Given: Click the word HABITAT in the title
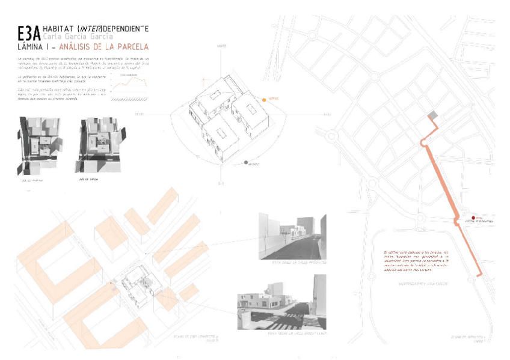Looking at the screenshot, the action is (x=58, y=29).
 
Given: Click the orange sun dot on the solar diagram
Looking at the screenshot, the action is (x=263, y=98).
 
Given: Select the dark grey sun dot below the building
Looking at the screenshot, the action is (x=247, y=162).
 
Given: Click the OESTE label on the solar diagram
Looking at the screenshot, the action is (x=139, y=114).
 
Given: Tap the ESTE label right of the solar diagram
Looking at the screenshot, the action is (x=327, y=114).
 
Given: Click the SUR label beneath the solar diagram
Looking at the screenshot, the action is (x=221, y=183).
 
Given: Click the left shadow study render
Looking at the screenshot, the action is (x=37, y=145).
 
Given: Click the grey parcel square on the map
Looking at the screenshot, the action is (x=431, y=115).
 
